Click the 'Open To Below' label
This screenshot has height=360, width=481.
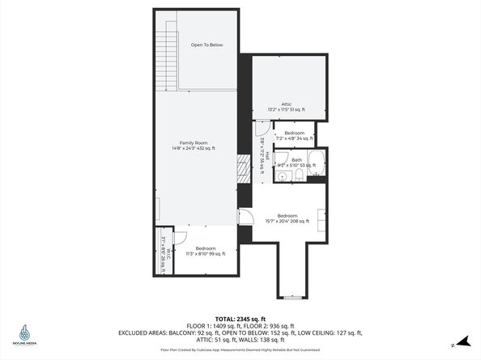(206, 44)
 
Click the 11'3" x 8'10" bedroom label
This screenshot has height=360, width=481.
(204, 251)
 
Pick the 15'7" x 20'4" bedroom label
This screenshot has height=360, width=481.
(287, 218)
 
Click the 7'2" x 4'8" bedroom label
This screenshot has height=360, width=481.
(293, 135)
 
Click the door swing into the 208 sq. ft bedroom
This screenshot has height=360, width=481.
(248, 216)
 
